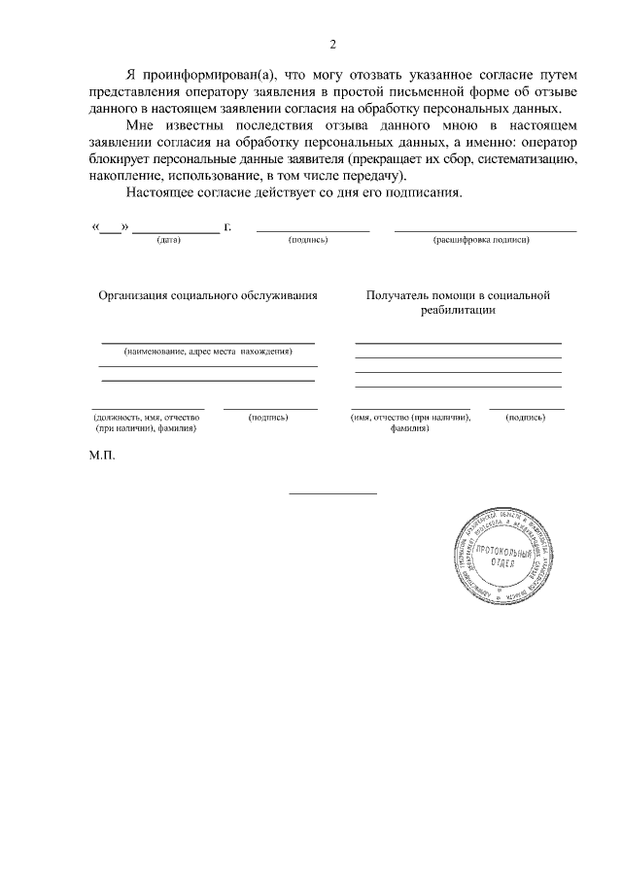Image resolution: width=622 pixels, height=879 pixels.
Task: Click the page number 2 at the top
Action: click(332, 45)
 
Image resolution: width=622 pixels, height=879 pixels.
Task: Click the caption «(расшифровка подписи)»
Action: click(481, 240)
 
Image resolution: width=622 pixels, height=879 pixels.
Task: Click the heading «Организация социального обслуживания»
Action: click(208, 295)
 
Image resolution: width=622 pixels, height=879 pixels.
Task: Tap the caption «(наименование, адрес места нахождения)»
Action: click(208, 351)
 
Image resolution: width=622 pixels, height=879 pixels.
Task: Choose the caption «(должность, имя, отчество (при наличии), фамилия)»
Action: click(148, 423)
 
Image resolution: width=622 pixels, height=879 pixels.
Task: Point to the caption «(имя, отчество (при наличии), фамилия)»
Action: click(410, 423)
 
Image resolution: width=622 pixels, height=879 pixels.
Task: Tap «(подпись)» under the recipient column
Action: click(526, 418)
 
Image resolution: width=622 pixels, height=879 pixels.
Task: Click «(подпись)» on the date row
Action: click(309, 240)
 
